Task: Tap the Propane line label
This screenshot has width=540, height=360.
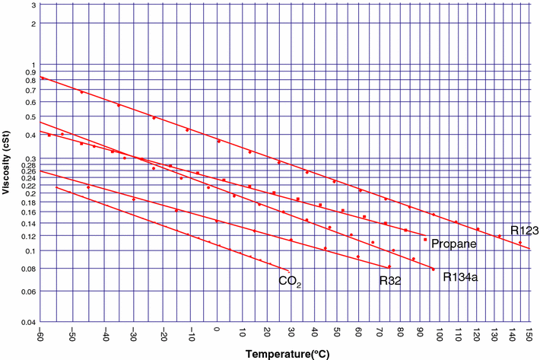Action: pos(453,244)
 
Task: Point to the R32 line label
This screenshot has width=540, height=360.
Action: pos(390,280)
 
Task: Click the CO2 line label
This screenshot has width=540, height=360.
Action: pos(290,282)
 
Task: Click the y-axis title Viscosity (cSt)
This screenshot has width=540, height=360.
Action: pos(7,162)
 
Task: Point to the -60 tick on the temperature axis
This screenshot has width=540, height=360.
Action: pos(40,336)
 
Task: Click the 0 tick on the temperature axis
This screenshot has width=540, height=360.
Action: pos(217,336)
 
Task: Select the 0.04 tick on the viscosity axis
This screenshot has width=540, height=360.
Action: pos(29,323)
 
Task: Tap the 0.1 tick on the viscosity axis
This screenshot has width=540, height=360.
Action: pos(31,250)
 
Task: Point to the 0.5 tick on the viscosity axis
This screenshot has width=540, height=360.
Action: pos(31,116)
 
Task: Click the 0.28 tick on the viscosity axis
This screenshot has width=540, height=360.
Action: pos(29,164)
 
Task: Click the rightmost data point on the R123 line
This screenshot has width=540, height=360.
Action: pos(520,243)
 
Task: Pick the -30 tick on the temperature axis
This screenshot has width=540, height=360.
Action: pos(132,336)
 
